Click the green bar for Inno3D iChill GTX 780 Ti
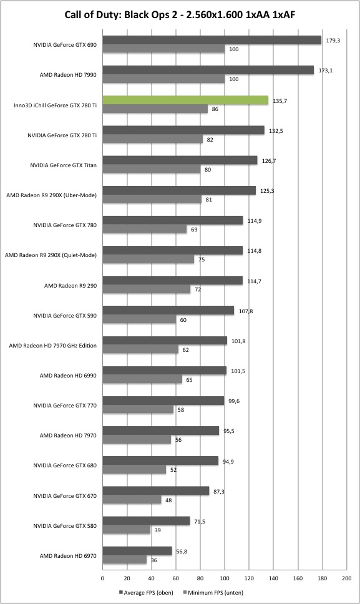tap(185, 100)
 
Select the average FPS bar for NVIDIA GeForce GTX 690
tap(212, 40)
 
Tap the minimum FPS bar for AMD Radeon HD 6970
tap(124, 560)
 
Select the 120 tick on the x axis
tap(249, 578)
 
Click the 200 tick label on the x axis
tap(346, 578)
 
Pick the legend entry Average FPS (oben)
tap(146, 592)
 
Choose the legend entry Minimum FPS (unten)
tap(213, 592)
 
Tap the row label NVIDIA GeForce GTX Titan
tap(63, 165)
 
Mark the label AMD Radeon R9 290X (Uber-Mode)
tap(51, 195)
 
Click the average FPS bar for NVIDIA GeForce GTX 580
tap(146, 521)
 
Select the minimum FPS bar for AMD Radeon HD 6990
tap(142, 379)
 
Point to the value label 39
tap(157, 530)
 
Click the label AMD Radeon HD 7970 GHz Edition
tap(53, 346)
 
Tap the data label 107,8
tap(246, 311)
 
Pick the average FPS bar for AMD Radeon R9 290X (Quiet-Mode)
tap(172, 250)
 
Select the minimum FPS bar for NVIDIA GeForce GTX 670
tap(132, 500)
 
